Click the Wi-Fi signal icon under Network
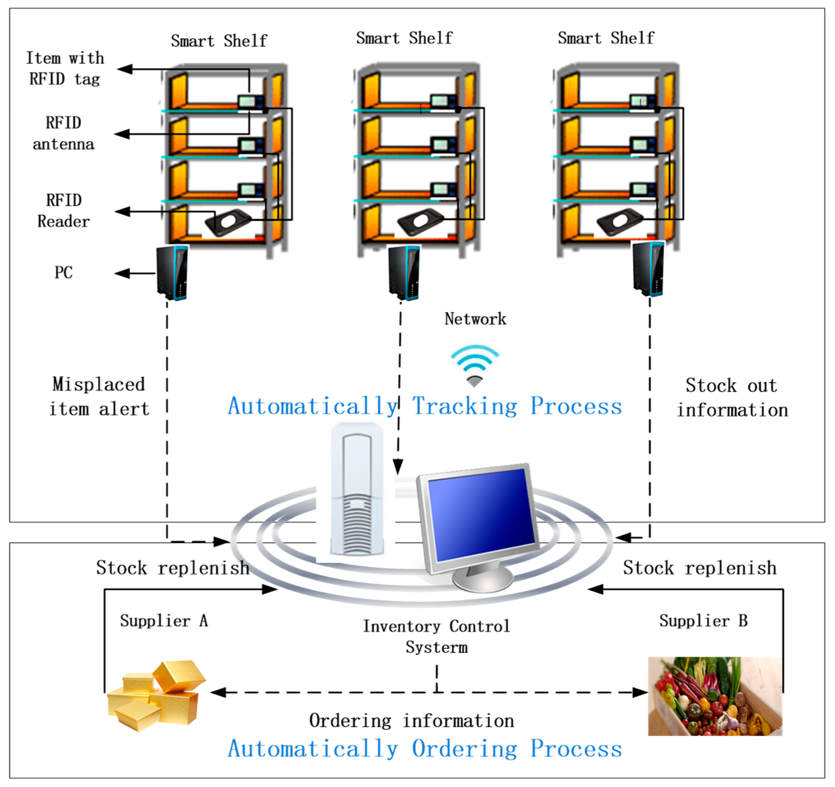click(x=474, y=365)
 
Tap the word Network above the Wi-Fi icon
click(x=475, y=319)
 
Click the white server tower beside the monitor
click(x=356, y=492)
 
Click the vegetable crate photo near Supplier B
click(x=715, y=696)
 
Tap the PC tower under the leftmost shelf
click(x=172, y=272)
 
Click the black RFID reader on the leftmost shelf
click(x=227, y=222)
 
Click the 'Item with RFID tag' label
click(x=65, y=68)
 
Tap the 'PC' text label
click(x=63, y=272)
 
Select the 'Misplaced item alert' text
click(x=99, y=396)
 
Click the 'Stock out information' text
click(x=732, y=397)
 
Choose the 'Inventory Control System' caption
click(x=436, y=636)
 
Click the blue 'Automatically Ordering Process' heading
click(x=424, y=749)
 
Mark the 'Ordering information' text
click(x=411, y=720)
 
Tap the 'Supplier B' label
click(x=703, y=620)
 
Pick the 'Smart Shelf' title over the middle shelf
click(x=404, y=38)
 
